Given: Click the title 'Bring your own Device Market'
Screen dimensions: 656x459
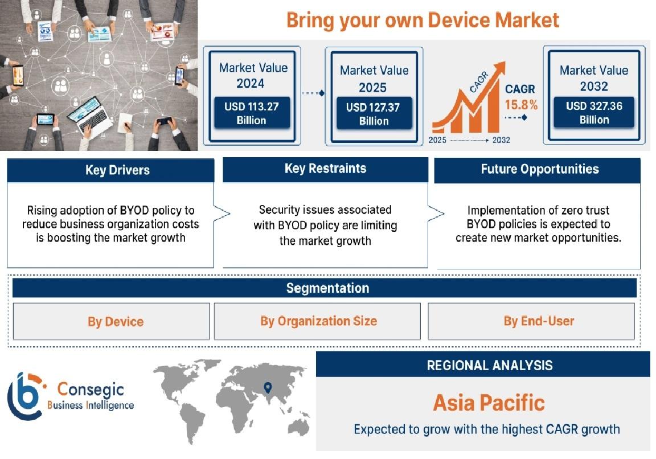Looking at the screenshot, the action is click(423, 20).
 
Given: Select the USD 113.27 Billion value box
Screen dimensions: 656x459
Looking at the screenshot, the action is click(252, 113).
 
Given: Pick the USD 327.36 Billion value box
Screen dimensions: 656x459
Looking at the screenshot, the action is click(594, 113).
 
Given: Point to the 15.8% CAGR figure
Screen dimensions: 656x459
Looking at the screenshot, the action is click(521, 105).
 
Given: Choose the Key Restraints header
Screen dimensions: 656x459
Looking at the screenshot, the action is click(326, 169).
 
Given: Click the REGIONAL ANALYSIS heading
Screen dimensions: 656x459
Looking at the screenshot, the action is click(490, 365).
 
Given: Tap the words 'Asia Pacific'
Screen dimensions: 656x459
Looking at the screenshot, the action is click(489, 403).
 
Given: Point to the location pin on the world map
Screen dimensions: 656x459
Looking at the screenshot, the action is click(268, 387).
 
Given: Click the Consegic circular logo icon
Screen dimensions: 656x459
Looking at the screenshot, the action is click(25, 396).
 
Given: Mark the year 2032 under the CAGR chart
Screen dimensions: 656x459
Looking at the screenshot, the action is click(501, 140).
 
